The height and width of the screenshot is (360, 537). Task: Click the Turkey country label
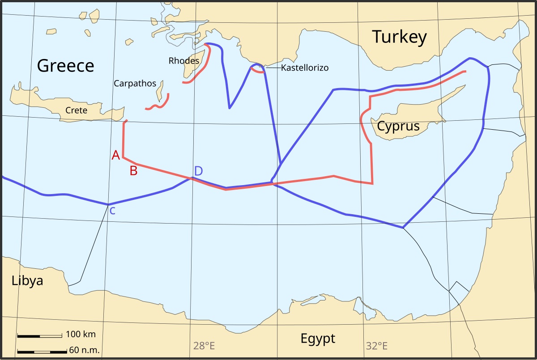(x=400, y=37)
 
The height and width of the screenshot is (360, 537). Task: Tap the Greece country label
(x=65, y=66)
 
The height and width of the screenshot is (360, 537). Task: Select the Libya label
(x=27, y=281)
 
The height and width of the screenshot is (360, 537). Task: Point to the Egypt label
(x=318, y=338)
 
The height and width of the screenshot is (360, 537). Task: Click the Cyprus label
(x=398, y=126)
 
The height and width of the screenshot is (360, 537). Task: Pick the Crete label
(x=76, y=110)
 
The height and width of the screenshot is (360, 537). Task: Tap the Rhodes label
(x=183, y=61)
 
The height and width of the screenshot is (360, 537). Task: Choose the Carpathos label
(x=135, y=84)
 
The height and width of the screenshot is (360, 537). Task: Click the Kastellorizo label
(x=305, y=68)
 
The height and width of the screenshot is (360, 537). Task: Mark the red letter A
(x=116, y=155)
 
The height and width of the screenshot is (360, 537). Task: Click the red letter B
(x=133, y=170)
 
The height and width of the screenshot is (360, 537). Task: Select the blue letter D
(x=198, y=171)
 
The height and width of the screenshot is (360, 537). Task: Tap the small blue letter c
(x=112, y=211)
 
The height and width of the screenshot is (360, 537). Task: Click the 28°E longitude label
(x=204, y=346)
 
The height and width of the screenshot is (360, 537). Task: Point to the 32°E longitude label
(x=376, y=346)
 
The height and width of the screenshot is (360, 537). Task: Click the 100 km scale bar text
(x=81, y=334)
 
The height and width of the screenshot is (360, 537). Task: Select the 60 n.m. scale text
(x=84, y=350)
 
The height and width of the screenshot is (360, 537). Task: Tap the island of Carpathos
(x=160, y=91)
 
